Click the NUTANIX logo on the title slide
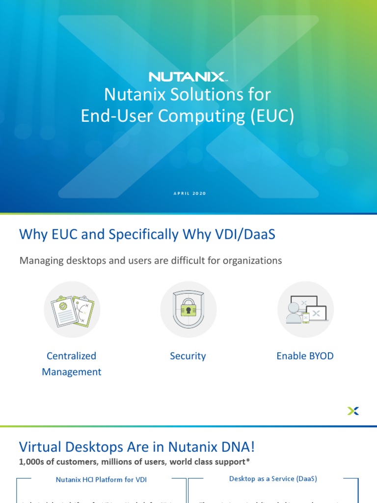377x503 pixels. click(x=187, y=77)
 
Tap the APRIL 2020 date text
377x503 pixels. click(x=189, y=194)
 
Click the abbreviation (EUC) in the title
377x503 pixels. click(x=271, y=116)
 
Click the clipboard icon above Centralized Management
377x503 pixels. click(x=72, y=309)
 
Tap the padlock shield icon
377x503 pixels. click(x=188, y=309)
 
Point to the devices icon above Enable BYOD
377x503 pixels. click(x=305, y=309)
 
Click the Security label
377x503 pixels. click(x=188, y=356)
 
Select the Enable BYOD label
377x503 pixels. click(x=305, y=356)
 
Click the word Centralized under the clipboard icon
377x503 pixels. click(x=72, y=356)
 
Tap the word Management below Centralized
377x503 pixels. click(x=72, y=372)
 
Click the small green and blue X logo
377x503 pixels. click(x=353, y=411)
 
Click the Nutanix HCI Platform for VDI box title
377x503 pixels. click(x=101, y=479)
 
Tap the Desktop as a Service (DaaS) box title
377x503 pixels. click(x=273, y=478)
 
